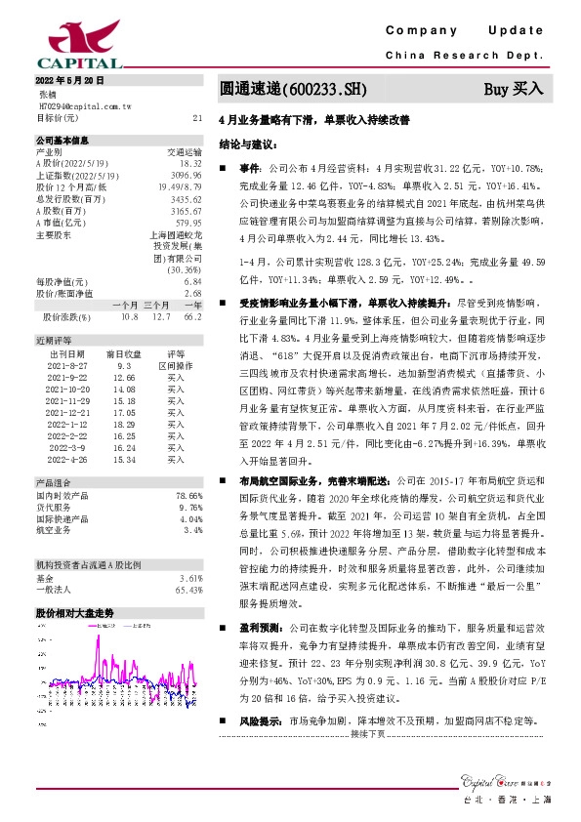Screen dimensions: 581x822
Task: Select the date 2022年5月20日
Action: tap(69, 78)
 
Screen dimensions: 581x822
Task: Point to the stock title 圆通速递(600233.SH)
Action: tap(294, 90)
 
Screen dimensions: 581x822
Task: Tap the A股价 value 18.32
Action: tap(190, 163)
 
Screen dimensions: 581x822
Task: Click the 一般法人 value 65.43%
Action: tap(186, 590)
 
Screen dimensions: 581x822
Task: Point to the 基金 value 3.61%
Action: tap(188, 578)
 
